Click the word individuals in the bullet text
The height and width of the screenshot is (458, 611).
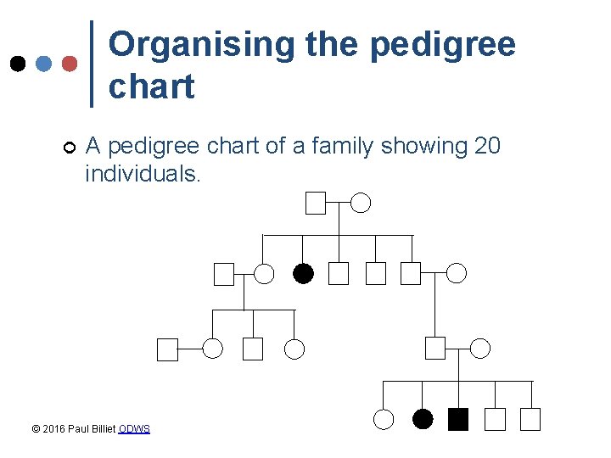click(x=141, y=174)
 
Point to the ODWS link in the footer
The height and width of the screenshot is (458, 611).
click(x=134, y=429)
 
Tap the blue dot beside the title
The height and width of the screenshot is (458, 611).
click(x=44, y=64)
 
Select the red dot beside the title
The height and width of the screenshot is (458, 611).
click(x=70, y=64)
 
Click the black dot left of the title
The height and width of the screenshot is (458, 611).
click(x=17, y=64)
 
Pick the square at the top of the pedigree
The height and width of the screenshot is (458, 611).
click(x=316, y=203)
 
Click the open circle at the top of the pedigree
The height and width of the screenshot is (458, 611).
click(x=362, y=203)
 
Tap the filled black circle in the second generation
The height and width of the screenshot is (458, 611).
click(x=303, y=273)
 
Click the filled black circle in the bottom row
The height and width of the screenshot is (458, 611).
click(x=422, y=419)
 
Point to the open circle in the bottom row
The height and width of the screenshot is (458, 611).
click(x=384, y=419)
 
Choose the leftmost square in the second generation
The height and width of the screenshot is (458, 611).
click(x=223, y=273)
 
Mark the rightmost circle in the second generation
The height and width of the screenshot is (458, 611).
click(x=457, y=273)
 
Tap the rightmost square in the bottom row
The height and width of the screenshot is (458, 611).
click(x=530, y=419)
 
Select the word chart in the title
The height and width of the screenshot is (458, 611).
click(x=152, y=87)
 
